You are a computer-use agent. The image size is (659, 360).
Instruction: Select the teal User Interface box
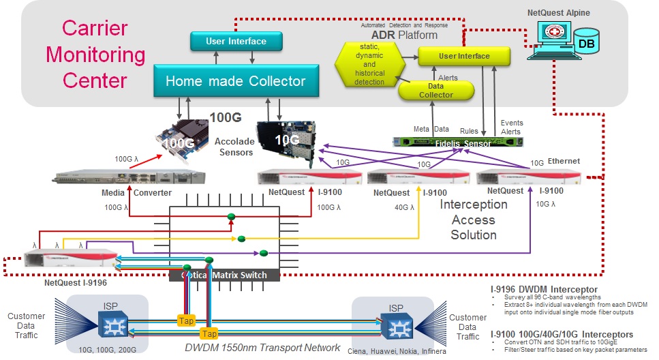(236, 42)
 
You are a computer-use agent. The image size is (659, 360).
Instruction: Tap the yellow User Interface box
(463, 56)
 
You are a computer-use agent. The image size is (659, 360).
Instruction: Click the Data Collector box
(436, 90)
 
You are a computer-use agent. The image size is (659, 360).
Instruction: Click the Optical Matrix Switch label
(226, 275)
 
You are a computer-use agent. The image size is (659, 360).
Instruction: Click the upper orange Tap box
(186, 320)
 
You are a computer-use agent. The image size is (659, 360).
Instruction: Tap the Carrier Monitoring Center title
(94, 55)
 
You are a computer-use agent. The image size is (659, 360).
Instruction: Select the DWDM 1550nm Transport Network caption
(263, 348)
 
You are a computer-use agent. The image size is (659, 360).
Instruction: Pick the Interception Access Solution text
(474, 220)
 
